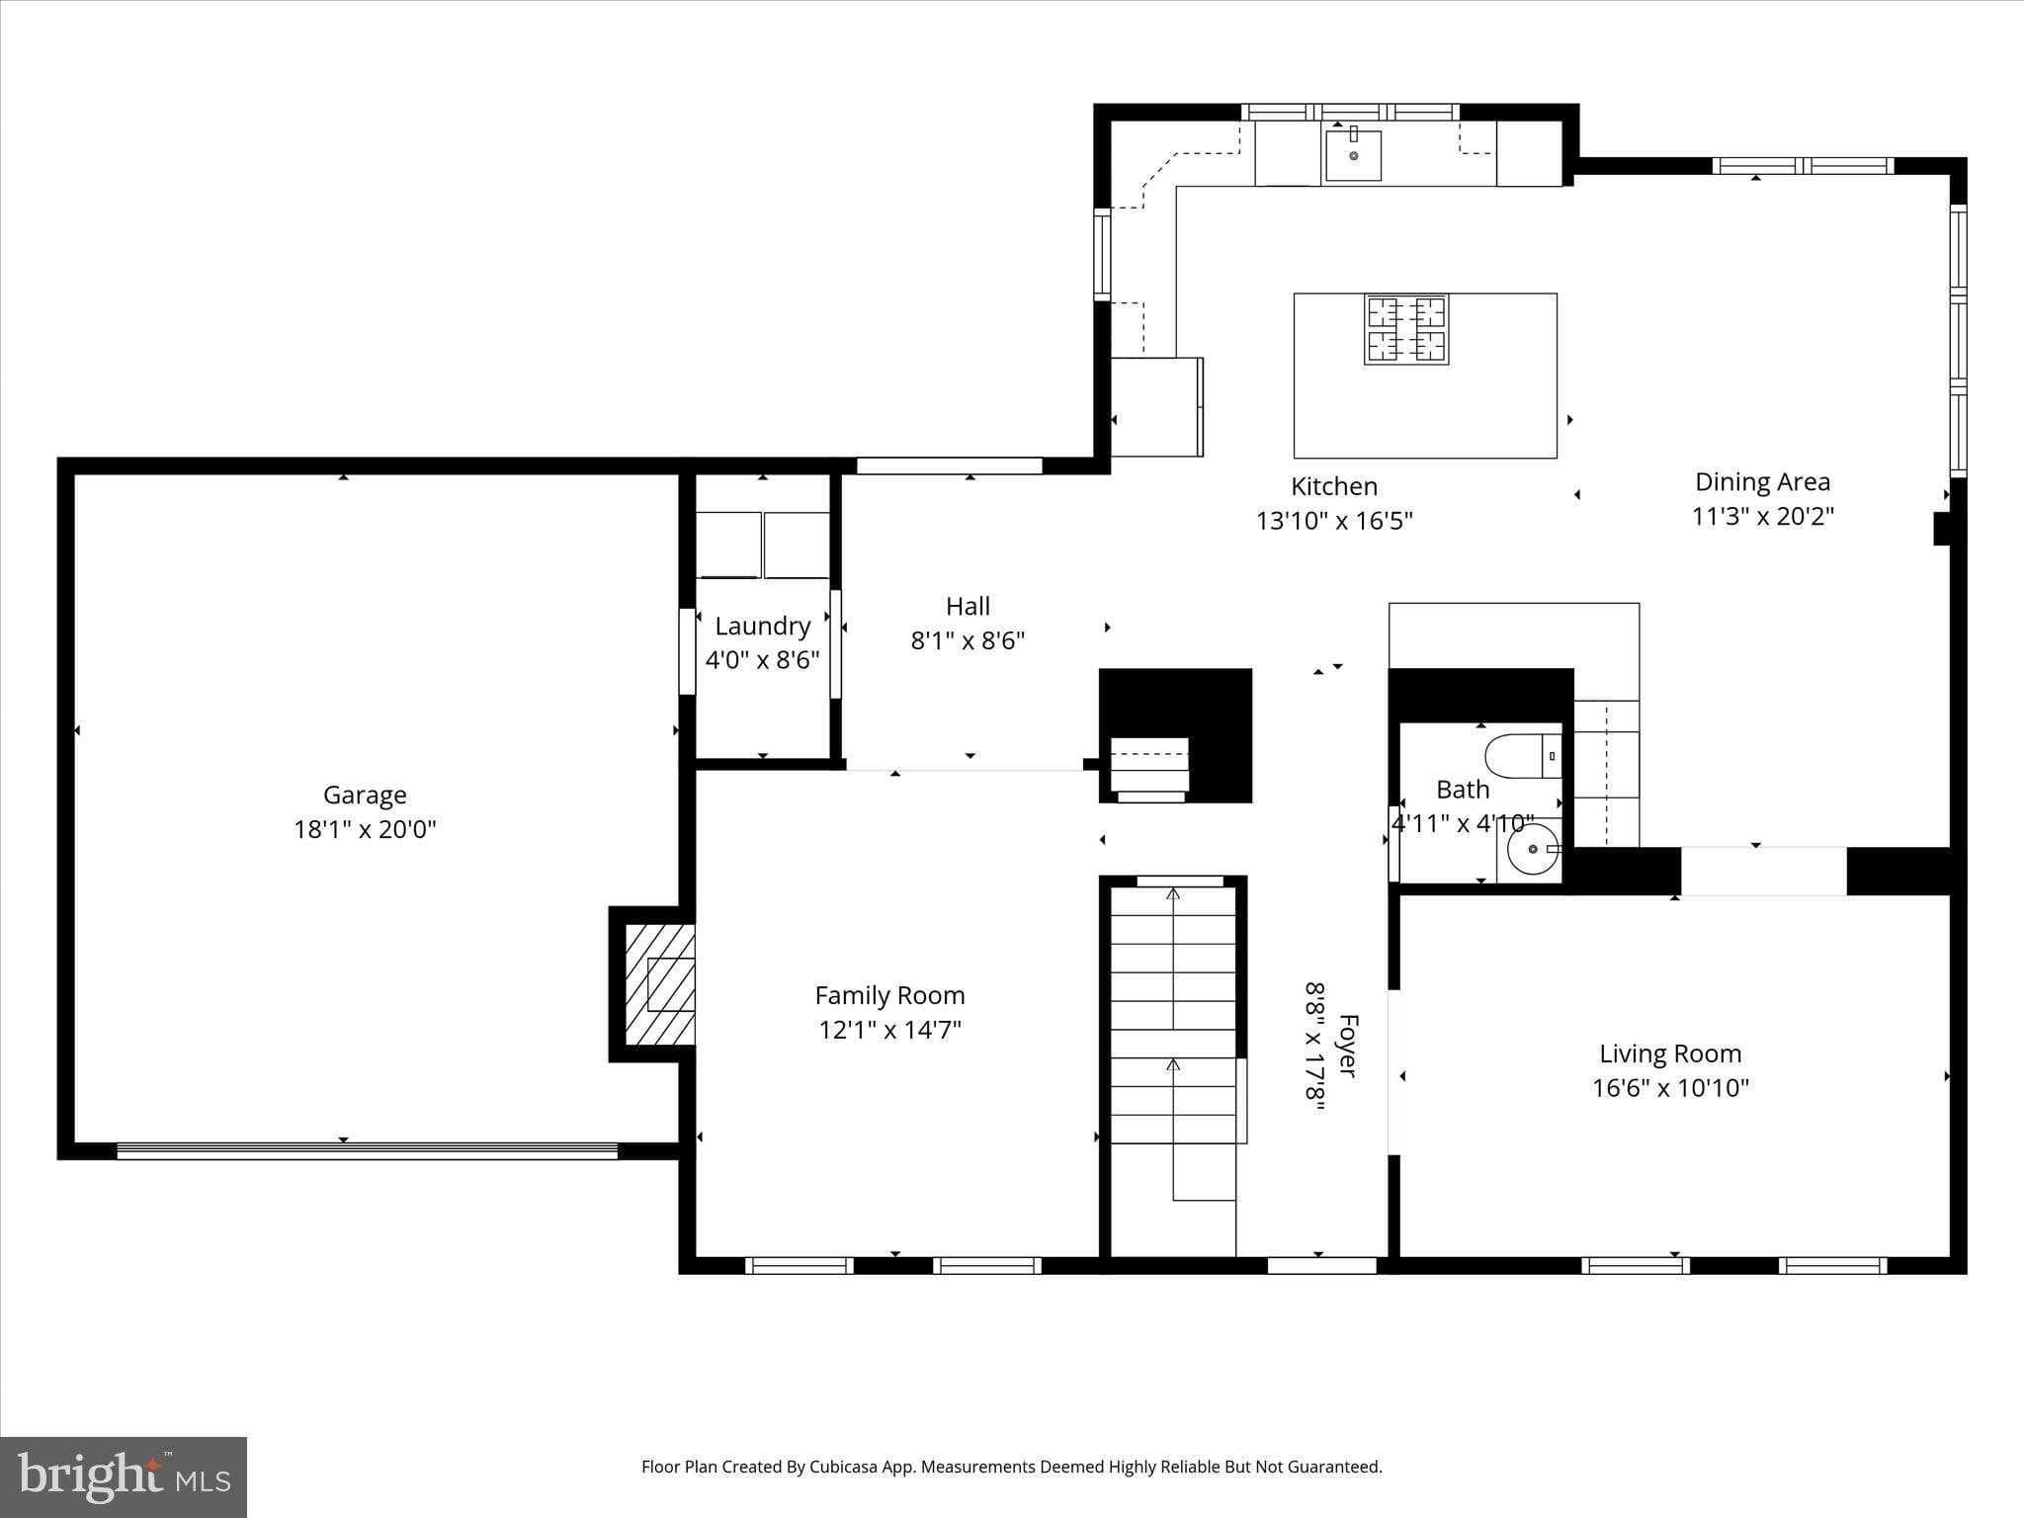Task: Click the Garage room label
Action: click(x=365, y=795)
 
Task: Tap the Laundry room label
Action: click(x=762, y=626)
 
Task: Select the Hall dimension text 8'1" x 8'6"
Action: click(x=968, y=640)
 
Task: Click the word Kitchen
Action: click(x=1334, y=486)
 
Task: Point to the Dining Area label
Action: click(x=1762, y=481)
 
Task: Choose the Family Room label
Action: click(x=889, y=995)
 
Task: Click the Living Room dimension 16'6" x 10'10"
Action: click(x=1670, y=1088)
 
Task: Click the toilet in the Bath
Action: click(x=1523, y=755)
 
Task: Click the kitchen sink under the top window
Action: click(x=1353, y=155)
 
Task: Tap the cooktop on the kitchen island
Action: click(x=1406, y=329)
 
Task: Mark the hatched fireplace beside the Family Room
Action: click(x=659, y=983)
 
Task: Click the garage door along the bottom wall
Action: click(x=367, y=1150)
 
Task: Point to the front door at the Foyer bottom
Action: click(x=1321, y=1265)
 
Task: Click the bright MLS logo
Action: click(x=124, y=1477)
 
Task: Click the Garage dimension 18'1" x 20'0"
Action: click(x=365, y=829)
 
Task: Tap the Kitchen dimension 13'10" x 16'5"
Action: click(x=1334, y=521)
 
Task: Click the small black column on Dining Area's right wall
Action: click(x=1941, y=529)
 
